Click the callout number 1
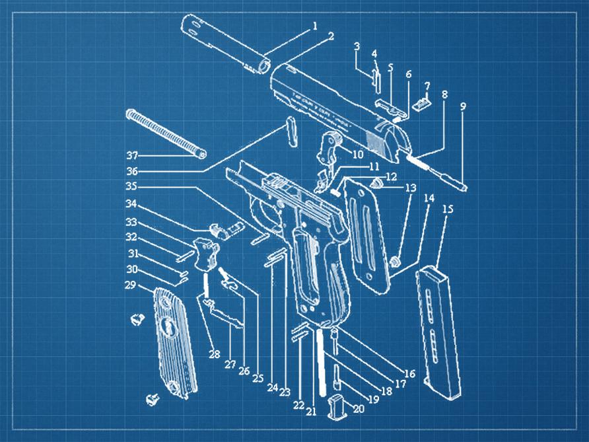314,26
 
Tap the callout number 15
448,209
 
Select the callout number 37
133,156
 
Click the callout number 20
358,408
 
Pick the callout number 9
463,105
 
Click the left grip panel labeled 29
175,344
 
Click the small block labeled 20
337,406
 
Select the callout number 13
410,188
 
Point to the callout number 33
131,222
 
